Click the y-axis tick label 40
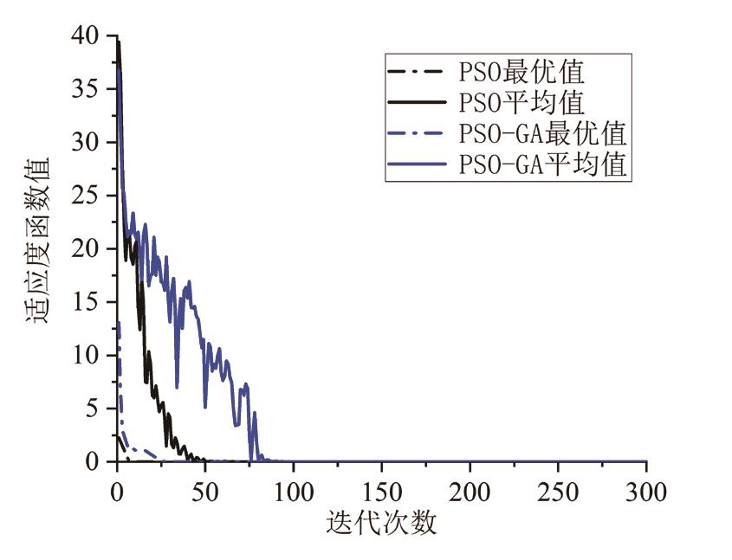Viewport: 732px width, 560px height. click(90, 36)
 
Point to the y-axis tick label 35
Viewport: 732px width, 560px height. click(90, 89)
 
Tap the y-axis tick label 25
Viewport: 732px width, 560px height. click(90, 196)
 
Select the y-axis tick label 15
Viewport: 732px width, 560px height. click(90, 302)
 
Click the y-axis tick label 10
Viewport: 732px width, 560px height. click(90, 356)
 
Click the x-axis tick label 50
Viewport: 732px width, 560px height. click(205, 493)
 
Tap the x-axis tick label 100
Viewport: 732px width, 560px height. click(294, 493)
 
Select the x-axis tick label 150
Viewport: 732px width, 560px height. click(382, 493)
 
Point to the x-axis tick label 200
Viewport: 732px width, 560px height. click(470, 493)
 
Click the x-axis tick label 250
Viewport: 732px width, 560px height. click(559, 493)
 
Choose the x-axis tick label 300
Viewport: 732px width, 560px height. click(646, 493)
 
